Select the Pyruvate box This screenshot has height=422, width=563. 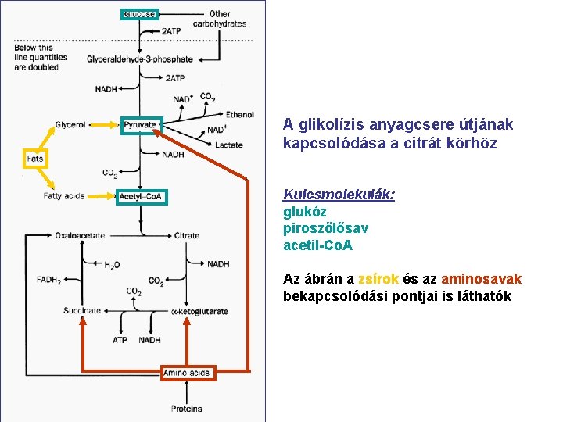point(141,125)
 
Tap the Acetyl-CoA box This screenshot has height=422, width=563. point(141,196)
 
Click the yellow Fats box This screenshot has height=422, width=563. point(35,158)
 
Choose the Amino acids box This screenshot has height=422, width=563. point(187,373)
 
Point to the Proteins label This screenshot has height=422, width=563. point(187,408)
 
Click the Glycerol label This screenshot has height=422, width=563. point(70,125)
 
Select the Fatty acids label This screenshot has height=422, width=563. point(64,196)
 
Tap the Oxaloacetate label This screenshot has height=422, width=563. point(80,235)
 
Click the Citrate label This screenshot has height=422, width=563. point(187,235)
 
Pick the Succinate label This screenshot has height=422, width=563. point(82,311)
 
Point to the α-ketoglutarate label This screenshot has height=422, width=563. point(199,311)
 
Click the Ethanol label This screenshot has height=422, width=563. point(239,115)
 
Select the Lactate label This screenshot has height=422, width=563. point(229,145)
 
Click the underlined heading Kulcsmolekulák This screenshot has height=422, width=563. point(339,194)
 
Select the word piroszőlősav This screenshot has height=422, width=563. point(325,228)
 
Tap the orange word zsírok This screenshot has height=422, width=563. point(378,279)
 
